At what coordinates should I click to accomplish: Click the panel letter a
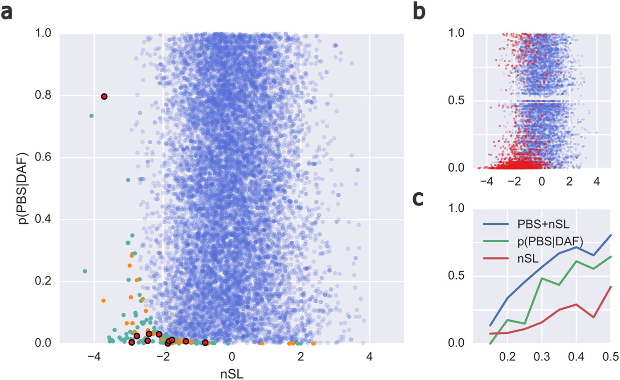coord(7,12)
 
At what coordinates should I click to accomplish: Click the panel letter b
coord(419,11)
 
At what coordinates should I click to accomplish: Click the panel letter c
coord(418,198)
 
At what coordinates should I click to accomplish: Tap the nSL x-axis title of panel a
coord(232,374)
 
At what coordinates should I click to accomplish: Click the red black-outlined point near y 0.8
coord(104,96)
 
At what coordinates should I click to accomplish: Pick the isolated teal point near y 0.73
coord(91,116)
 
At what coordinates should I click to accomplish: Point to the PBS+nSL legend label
coord(543,225)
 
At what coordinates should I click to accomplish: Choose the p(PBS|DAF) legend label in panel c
coord(550,241)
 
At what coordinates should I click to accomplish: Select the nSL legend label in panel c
coord(528,259)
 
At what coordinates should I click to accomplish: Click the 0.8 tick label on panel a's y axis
coord(43,95)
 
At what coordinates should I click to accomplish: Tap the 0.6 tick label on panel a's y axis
coord(43,157)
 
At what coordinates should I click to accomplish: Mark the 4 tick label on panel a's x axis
coord(370,356)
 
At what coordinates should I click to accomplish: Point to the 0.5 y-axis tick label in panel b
coord(456,100)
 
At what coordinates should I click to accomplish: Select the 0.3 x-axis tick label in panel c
coord(541,357)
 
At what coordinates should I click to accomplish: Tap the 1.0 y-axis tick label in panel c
coord(456,208)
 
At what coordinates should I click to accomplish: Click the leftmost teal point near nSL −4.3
coord(85,271)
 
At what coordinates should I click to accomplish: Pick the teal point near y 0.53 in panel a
coord(128,180)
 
